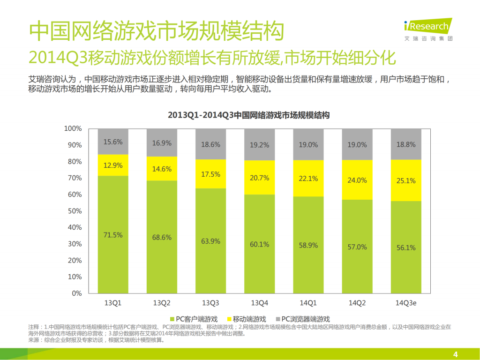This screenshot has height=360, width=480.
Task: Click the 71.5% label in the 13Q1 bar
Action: tap(113, 235)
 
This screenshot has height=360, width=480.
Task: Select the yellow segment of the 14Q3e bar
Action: tap(406, 180)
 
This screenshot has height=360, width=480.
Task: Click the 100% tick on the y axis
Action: tap(73, 128)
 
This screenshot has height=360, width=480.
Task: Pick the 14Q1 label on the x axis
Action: tap(308, 303)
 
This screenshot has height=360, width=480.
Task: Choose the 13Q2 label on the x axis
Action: tap(162, 303)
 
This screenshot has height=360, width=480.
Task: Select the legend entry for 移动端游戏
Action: tap(248, 319)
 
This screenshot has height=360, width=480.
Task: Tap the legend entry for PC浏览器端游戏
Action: tap(305, 319)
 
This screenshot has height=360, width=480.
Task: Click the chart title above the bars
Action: tap(249, 115)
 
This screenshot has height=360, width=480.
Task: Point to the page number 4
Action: tap(455, 353)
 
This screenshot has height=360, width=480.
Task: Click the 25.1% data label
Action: tap(406, 180)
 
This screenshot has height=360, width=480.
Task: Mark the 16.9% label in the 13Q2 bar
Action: tap(162, 143)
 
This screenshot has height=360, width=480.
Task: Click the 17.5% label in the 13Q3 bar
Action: tap(210, 174)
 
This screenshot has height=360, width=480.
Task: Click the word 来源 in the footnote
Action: tap(34, 340)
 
